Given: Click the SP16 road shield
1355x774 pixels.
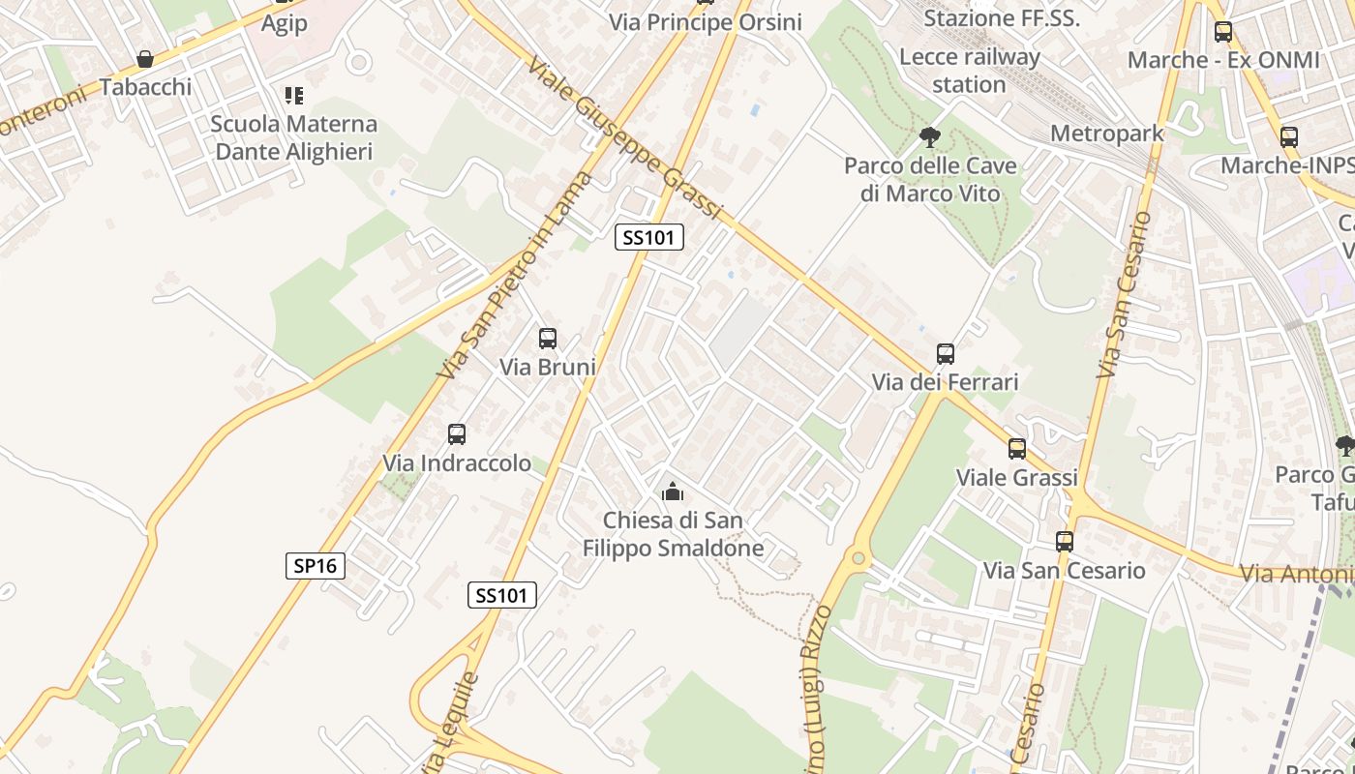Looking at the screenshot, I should pyautogui.click(x=316, y=565).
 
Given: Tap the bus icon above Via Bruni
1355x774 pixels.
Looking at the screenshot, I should pyautogui.click(x=548, y=339).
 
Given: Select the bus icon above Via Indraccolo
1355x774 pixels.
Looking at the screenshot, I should pyautogui.click(x=457, y=434).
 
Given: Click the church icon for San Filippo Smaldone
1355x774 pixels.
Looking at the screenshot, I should pyautogui.click(x=672, y=491).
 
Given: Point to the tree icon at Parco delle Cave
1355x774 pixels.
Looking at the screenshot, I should pyautogui.click(x=930, y=136).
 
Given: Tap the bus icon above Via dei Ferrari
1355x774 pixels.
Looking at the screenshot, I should pyautogui.click(x=946, y=354).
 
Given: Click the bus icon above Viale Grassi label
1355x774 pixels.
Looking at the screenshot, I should pyautogui.click(x=1016, y=449).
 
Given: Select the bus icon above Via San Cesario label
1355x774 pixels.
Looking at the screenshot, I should pyautogui.click(x=1065, y=542).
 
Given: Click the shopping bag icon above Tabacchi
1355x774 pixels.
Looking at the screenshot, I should pyautogui.click(x=145, y=59).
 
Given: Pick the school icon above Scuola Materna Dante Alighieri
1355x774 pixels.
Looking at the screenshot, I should pyautogui.click(x=293, y=95).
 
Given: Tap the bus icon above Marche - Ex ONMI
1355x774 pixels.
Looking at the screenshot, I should pyautogui.click(x=1222, y=32).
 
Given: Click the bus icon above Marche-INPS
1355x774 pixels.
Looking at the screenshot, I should pyautogui.click(x=1288, y=137).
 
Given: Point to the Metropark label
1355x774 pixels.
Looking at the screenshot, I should pyautogui.click(x=1106, y=134).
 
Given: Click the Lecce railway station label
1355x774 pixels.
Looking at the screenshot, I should pyautogui.click(x=969, y=71).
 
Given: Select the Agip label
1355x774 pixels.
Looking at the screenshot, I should pyautogui.click(x=284, y=23).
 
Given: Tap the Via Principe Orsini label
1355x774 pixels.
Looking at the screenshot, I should pyautogui.click(x=706, y=21).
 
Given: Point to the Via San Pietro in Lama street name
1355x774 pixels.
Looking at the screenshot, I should pyautogui.click(x=513, y=276).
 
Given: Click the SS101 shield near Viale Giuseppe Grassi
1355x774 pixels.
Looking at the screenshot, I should pyautogui.click(x=649, y=237).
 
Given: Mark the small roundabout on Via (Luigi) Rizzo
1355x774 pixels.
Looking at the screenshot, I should pyautogui.click(x=858, y=558).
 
